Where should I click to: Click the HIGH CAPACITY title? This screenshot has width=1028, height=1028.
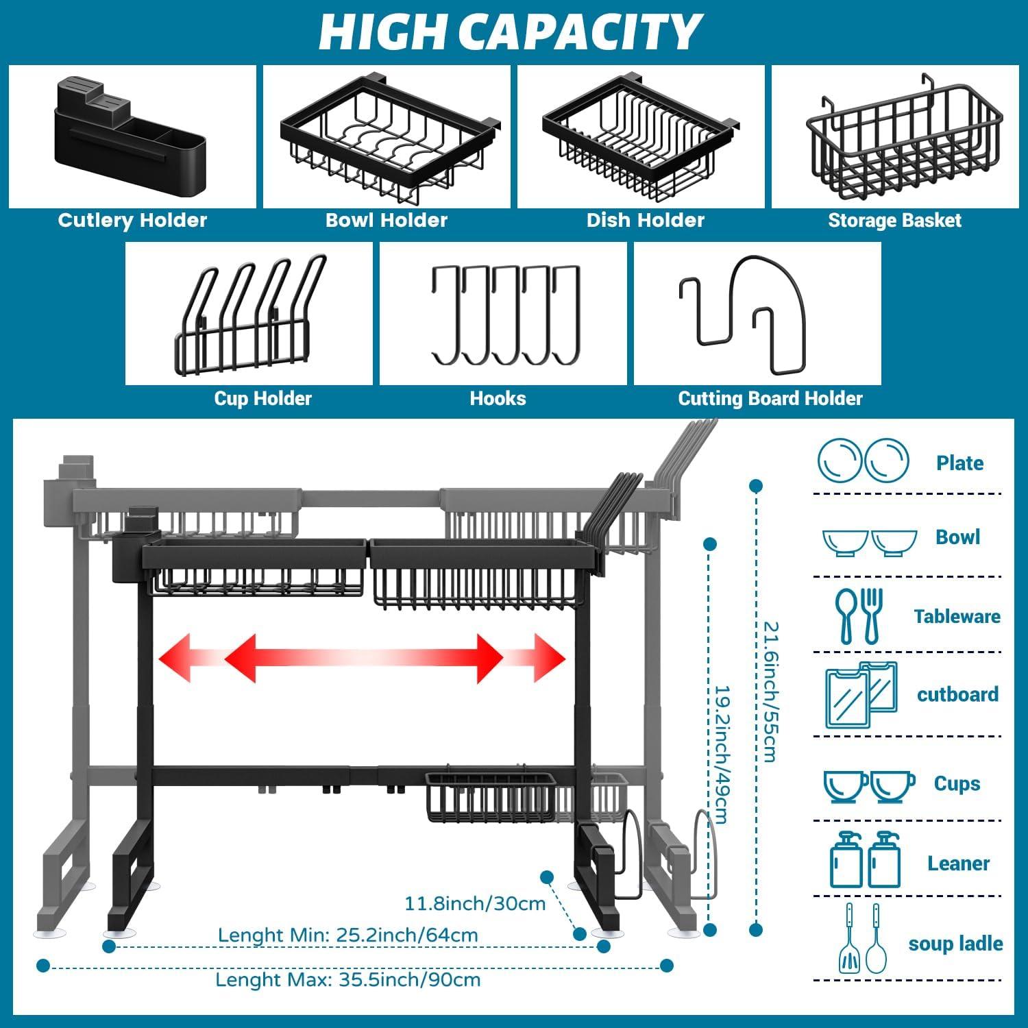tap(510, 32)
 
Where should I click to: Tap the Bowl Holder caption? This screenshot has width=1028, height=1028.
tap(386, 220)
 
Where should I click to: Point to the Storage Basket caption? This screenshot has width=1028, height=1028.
tap(894, 220)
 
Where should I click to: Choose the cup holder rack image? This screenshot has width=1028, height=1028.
tap(249, 314)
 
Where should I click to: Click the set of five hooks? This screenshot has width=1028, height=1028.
tap(506, 315)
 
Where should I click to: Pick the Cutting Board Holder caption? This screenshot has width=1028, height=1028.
tap(770, 398)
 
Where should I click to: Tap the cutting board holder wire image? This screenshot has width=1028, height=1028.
tap(744, 314)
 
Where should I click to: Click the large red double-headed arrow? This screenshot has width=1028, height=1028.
tap(363, 659)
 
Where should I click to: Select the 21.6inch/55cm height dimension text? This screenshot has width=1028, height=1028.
tap(770, 692)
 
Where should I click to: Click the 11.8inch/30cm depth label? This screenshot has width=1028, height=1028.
tap(475, 903)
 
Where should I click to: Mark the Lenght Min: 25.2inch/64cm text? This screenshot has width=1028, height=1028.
tap(347, 935)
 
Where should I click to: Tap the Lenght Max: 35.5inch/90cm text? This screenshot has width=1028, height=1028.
tap(347, 979)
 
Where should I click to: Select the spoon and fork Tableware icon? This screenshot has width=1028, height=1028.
tap(859, 615)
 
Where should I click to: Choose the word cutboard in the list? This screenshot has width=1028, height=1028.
tap(957, 694)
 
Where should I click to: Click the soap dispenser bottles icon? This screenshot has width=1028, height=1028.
tap(863, 860)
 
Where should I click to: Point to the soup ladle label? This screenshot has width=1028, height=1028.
tap(955, 944)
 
